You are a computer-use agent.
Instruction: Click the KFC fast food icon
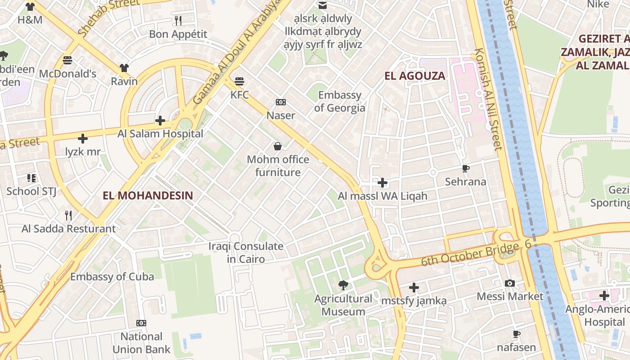tap(239, 81)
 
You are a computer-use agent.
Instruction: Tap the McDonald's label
tap(68, 73)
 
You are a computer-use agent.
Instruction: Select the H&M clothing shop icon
tap(30, 7)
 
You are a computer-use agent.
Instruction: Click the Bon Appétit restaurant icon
tap(178, 20)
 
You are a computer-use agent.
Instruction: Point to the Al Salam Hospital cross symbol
tap(160, 120)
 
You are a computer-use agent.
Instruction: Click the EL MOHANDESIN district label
tap(148, 195)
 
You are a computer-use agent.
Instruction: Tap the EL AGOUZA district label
tap(414, 76)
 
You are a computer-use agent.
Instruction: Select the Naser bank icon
tap(281, 102)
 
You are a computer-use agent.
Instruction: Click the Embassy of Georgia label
tap(340, 101)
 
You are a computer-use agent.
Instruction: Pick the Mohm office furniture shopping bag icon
tap(278, 146)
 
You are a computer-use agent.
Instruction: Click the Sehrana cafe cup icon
tap(466, 169)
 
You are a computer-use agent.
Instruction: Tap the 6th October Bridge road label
tap(470, 254)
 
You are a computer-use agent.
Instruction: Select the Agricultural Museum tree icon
tap(343, 285)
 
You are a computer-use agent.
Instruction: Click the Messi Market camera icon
tap(510, 283)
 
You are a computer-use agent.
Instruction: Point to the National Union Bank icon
tap(141, 323)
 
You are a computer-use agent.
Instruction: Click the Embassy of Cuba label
tap(112, 276)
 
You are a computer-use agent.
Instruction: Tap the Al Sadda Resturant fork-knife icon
tap(68, 215)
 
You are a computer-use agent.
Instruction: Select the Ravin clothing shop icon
tap(124, 68)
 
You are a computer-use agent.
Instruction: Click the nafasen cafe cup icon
tap(516, 334)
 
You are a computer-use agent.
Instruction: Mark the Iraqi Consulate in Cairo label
tap(246, 252)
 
